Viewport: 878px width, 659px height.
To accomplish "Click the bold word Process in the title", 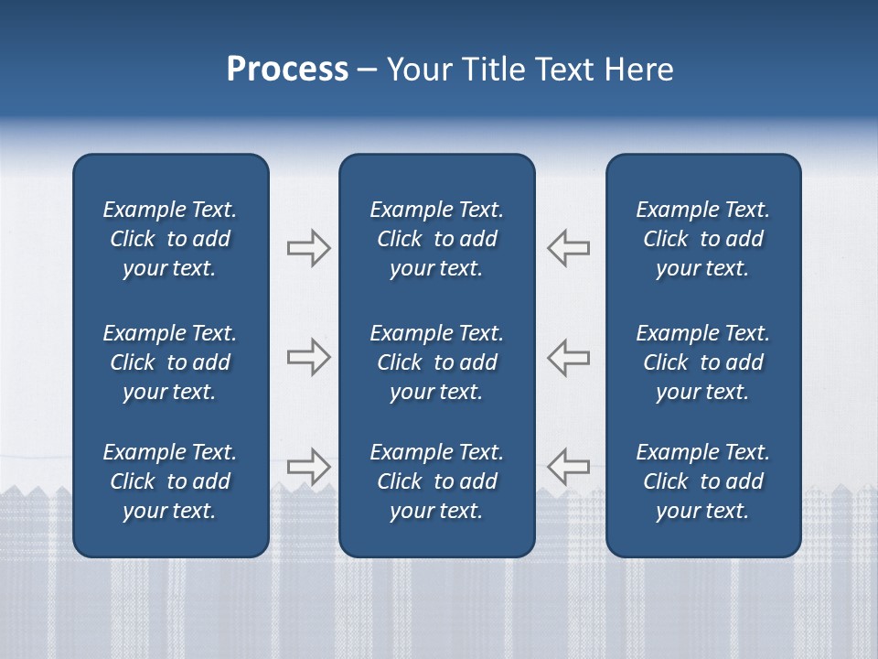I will tap(287, 70).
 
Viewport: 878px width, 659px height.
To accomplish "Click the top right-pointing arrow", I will tap(308, 248).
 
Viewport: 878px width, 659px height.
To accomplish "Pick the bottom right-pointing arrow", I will tap(308, 466).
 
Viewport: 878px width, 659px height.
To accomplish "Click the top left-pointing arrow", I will tap(569, 248).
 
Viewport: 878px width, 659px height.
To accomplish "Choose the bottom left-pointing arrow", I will tap(569, 466).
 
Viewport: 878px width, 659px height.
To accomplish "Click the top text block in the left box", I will tap(170, 239).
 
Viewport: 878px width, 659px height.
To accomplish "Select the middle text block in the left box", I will tap(170, 362).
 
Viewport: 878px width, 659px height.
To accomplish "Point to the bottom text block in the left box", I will tap(170, 481).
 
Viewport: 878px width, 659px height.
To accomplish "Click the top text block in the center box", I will tap(437, 239).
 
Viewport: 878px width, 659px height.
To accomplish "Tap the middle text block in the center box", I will tap(437, 362).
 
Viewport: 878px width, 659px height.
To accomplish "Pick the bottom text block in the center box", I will tap(437, 481).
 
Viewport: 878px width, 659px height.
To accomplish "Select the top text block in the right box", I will tap(703, 239).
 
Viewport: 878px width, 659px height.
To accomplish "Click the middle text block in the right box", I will tap(703, 362).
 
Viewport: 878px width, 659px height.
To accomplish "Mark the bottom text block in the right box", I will tap(703, 481).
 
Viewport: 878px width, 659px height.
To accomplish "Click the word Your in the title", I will tap(418, 70).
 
